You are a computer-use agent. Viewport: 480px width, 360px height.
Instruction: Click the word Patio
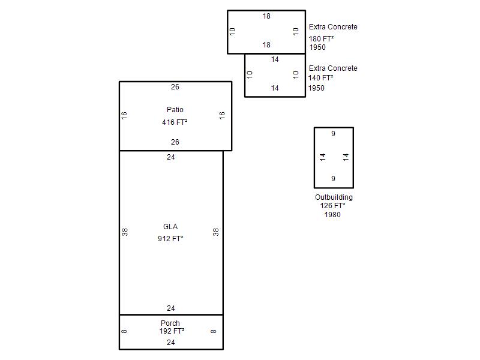point(175,110)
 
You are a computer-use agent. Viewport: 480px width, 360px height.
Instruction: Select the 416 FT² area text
point(175,122)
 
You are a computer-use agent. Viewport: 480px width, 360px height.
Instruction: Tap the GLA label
point(170,227)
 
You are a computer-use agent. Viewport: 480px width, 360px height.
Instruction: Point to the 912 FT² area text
point(170,238)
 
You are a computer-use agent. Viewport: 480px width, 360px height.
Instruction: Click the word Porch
point(170,323)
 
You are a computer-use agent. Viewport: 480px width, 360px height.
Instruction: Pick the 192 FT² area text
point(172,331)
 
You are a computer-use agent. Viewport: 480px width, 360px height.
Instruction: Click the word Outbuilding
point(334,197)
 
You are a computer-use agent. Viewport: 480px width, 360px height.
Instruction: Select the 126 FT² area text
point(332,206)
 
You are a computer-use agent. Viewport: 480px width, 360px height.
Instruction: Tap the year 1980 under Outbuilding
point(332,215)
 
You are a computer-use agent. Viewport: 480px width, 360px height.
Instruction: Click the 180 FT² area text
point(321,39)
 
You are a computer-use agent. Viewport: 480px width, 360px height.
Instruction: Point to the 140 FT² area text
point(320,78)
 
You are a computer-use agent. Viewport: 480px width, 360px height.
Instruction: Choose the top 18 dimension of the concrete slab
point(266,16)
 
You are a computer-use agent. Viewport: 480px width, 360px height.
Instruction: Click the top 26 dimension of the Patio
point(175,87)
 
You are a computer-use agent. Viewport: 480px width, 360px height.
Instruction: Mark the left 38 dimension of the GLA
point(125,232)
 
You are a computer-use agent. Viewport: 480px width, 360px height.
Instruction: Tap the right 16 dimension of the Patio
point(222,115)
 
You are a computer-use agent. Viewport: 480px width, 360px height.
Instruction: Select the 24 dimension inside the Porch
point(171,343)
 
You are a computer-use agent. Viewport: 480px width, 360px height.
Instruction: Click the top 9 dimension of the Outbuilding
point(333,133)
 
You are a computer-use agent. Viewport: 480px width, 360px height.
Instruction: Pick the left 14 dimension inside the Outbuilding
point(322,157)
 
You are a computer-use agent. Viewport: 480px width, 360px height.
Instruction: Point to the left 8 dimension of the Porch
point(124,331)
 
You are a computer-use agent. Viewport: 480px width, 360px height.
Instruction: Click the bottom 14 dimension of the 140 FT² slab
point(275,88)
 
